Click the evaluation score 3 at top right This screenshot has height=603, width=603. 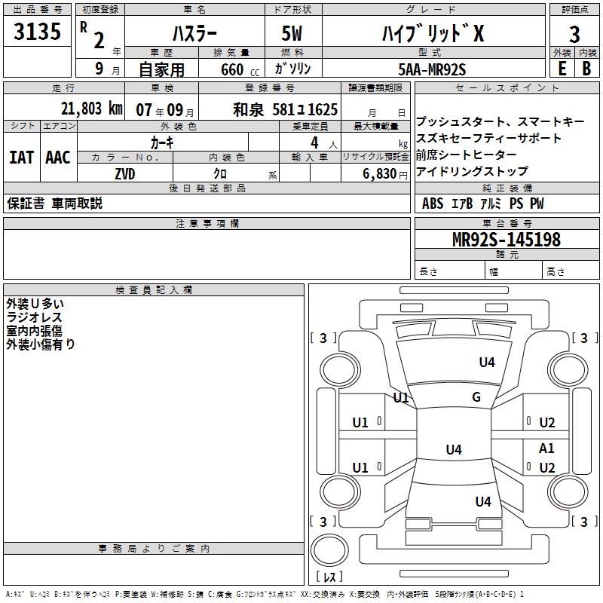coord(574,35)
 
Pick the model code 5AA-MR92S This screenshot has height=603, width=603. coord(432,69)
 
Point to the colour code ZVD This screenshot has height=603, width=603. coord(124,173)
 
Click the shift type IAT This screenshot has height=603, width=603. coord(21,158)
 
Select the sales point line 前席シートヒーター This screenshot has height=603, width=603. coord(461,155)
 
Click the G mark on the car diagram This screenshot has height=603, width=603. coord(476,397)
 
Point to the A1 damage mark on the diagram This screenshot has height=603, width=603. coord(546,448)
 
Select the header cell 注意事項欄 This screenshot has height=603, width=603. coord(207,224)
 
